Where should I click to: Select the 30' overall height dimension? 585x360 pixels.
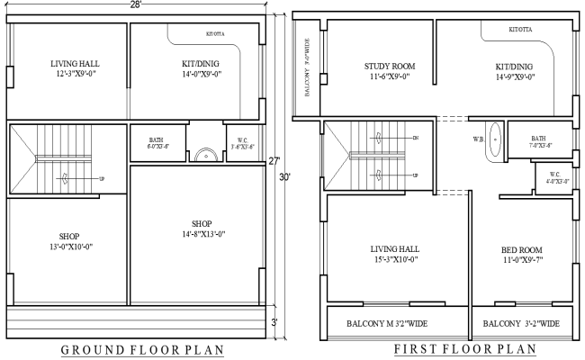283,177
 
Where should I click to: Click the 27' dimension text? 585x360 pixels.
274,161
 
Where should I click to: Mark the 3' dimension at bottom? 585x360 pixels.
274,321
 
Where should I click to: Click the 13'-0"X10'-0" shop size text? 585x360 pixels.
63,246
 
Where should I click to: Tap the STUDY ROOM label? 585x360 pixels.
389,67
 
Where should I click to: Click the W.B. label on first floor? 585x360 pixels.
479,139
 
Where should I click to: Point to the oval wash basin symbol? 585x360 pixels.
493,142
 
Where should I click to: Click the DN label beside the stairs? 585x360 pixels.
415,138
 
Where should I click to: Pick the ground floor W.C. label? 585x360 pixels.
243,141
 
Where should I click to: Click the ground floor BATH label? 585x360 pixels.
156,140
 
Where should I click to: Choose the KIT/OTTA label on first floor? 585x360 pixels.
519,30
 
